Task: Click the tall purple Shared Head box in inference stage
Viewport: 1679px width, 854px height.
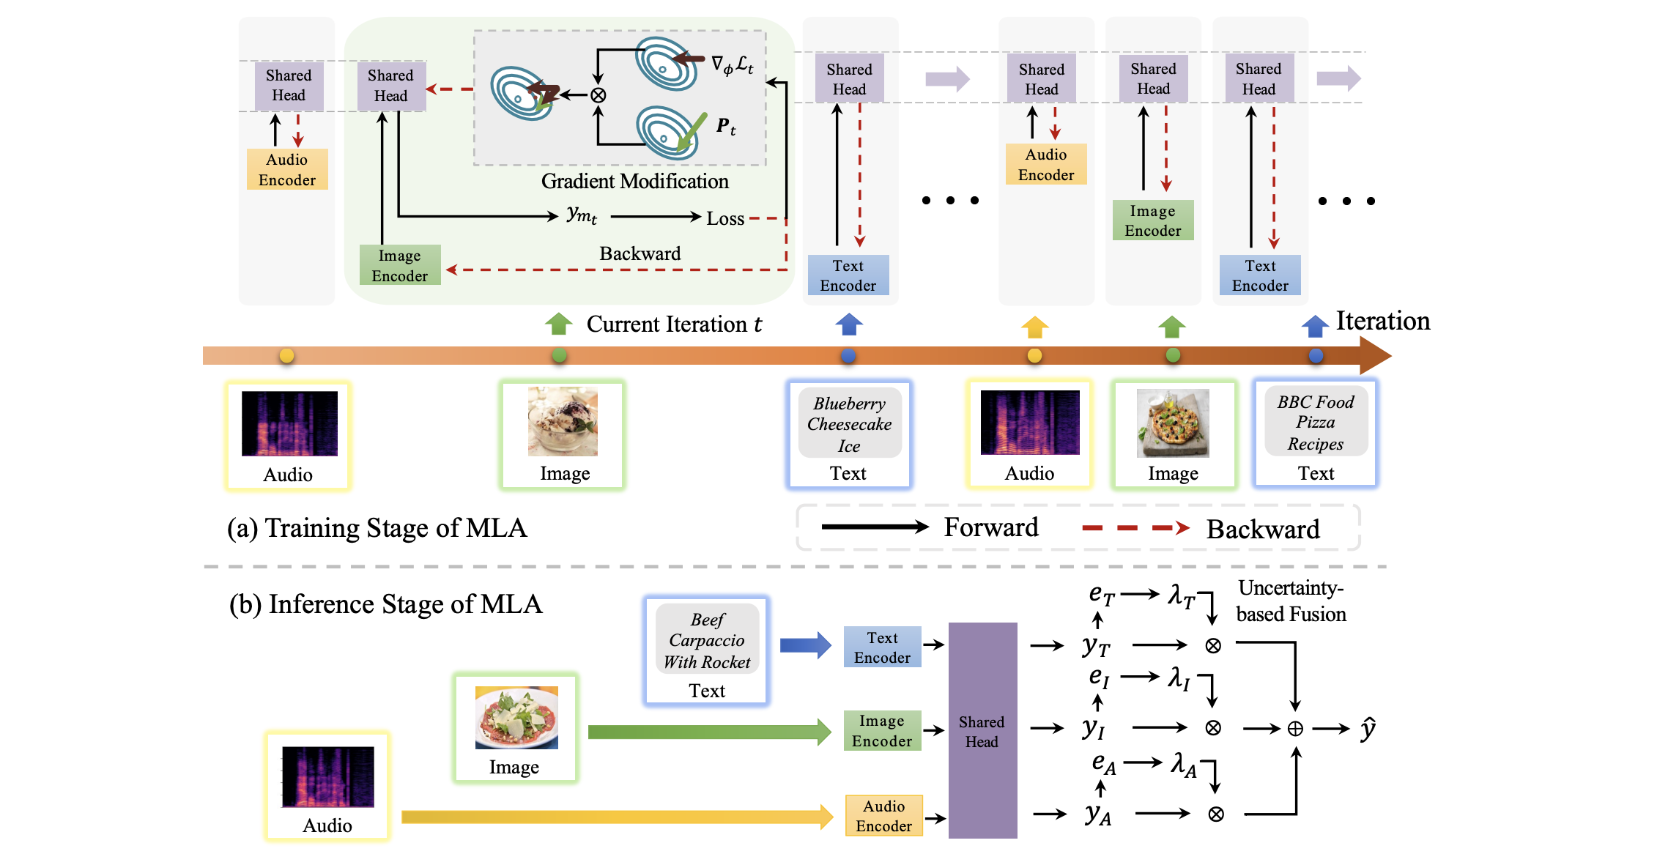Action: (982, 730)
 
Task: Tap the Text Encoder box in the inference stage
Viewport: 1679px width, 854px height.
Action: (882, 647)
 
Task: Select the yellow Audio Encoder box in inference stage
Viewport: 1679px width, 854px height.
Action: (883, 815)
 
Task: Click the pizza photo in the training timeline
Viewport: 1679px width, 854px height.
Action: (1173, 423)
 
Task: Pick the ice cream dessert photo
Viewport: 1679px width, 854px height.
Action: (563, 422)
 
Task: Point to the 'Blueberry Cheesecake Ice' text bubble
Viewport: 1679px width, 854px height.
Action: (850, 424)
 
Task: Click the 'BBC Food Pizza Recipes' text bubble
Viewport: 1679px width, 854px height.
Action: (1316, 423)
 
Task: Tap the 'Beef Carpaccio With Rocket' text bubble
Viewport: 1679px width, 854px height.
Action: (707, 640)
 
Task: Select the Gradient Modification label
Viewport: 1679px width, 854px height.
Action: (634, 182)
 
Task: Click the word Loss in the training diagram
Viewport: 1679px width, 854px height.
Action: (724, 218)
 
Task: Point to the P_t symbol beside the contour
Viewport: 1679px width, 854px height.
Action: (725, 127)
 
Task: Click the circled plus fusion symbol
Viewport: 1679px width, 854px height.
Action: (1295, 729)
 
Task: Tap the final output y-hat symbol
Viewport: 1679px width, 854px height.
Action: (1368, 728)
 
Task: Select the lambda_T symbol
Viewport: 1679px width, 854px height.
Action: (1180, 596)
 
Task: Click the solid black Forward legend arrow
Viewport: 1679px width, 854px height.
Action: (875, 527)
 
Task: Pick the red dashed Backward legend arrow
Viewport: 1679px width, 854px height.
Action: (1135, 528)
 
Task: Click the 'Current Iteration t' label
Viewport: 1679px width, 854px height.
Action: (674, 324)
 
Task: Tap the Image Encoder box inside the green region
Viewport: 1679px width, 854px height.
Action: (399, 265)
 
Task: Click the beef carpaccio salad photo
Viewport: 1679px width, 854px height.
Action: (516, 718)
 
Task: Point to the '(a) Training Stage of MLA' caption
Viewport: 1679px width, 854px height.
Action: (377, 528)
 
